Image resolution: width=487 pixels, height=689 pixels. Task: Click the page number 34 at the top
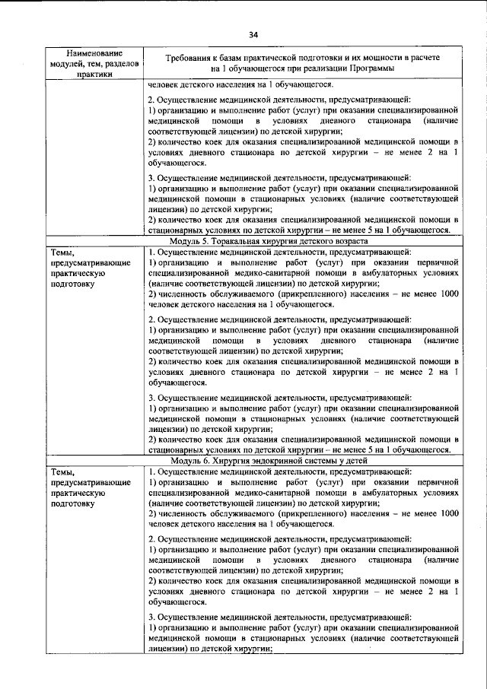pyautogui.click(x=253, y=33)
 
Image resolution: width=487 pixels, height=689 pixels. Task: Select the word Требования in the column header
pyautogui.click(x=197, y=58)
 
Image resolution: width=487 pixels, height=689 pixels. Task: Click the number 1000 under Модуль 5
pyautogui.click(x=449, y=293)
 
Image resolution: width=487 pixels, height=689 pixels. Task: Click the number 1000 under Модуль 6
pyautogui.click(x=449, y=514)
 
